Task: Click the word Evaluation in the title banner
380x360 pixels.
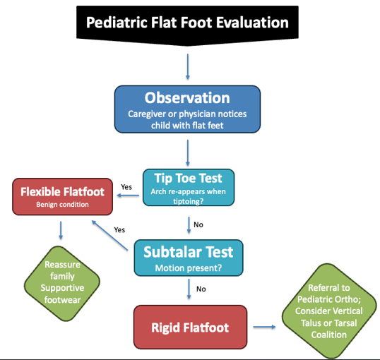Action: [247, 23]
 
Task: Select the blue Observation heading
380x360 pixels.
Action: [187, 98]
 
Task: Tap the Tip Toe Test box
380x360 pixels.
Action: [188, 186]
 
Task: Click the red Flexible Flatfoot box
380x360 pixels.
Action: [62, 197]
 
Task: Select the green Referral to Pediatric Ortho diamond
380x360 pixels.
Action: [328, 311]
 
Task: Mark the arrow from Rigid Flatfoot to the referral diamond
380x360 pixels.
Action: [263, 327]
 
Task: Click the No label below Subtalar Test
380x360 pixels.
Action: [201, 288]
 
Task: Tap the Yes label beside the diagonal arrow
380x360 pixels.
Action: [119, 230]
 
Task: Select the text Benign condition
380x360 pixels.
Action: [62, 205]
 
